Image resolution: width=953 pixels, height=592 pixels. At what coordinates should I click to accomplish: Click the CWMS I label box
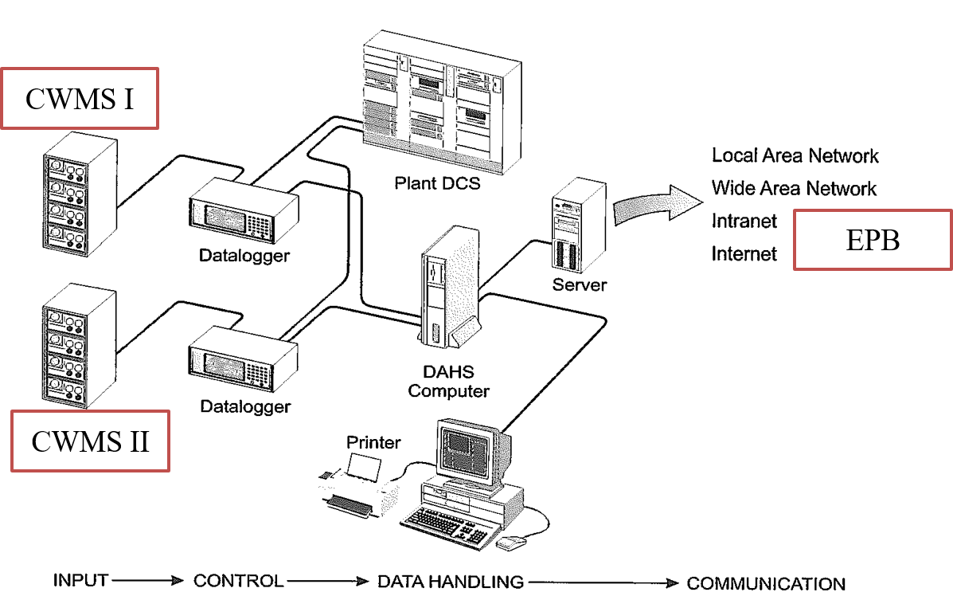pyautogui.click(x=80, y=98)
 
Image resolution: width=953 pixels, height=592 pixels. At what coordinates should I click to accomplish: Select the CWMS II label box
pyautogui.click(x=90, y=441)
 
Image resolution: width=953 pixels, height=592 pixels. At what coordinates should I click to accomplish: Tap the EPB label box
pyautogui.click(x=873, y=240)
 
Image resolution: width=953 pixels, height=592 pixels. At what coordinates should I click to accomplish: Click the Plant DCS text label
pyautogui.click(x=438, y=183)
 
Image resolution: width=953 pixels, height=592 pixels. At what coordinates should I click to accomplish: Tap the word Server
pyautogui.click(x=580, y=284)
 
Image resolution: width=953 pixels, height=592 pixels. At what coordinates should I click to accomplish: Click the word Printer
pyautogui.click(x=373, y=441)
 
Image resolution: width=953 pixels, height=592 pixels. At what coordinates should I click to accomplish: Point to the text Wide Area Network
pyautogui.click(x=794, y=188)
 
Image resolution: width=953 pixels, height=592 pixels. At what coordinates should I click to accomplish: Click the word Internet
pyautogui.click(x=744, y=253)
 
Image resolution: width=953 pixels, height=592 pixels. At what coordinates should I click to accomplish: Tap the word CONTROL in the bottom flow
pyautogui.click(x=238, y=581)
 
